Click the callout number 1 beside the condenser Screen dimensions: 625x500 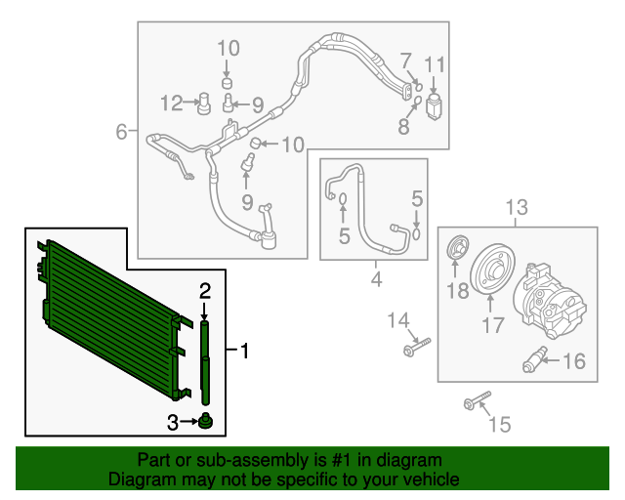[x=245, y=351]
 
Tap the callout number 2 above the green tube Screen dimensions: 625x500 [x=205, y=291]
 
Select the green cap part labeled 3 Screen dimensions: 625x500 [x=205, y=421]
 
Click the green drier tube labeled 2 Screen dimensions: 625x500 [x=205, y=361]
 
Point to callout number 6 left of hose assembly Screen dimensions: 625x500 [x=121, y=131]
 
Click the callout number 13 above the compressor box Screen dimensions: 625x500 [x=517, y=207]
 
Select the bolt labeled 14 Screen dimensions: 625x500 [x=417, y=347]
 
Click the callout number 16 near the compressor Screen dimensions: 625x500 [x=574, y=361]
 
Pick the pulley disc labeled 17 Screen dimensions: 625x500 [x=492, y=270]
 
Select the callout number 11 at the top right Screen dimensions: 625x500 [x=435, y=64]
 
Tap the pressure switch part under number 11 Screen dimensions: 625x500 [x=434, y=106]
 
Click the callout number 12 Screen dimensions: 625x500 [x=172, y=103]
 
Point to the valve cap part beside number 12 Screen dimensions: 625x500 [x=204, y=104]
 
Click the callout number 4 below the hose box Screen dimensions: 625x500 [x=376, y=278]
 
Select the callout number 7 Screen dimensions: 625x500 [x=406, y=61]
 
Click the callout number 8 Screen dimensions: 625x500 [x=403, y=127]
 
